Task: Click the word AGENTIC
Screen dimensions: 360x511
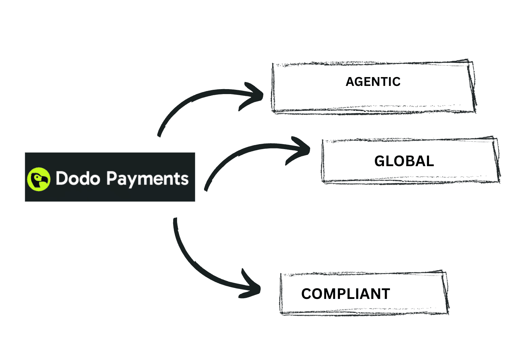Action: [x=373, y=82]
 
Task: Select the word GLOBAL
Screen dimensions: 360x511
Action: [x=404, y=161]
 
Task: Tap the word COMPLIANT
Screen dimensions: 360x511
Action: [x=346, y=294]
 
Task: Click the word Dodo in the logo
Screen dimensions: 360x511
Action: [x=78, y=178]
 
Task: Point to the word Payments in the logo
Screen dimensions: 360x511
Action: [x=147, y=179]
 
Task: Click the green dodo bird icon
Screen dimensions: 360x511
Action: [x=39, y=179]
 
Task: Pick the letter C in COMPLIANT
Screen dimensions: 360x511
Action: [x=307, y=294]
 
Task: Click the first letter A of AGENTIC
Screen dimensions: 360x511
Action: [x=350, y=82]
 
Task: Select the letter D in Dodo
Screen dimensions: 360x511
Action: [x=62, y=178]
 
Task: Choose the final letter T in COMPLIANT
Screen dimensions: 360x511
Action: [x=385, y=294]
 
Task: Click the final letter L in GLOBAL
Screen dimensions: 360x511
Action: [x=430, y=161]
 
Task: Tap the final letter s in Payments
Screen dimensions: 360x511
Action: [x=185, y=180]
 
